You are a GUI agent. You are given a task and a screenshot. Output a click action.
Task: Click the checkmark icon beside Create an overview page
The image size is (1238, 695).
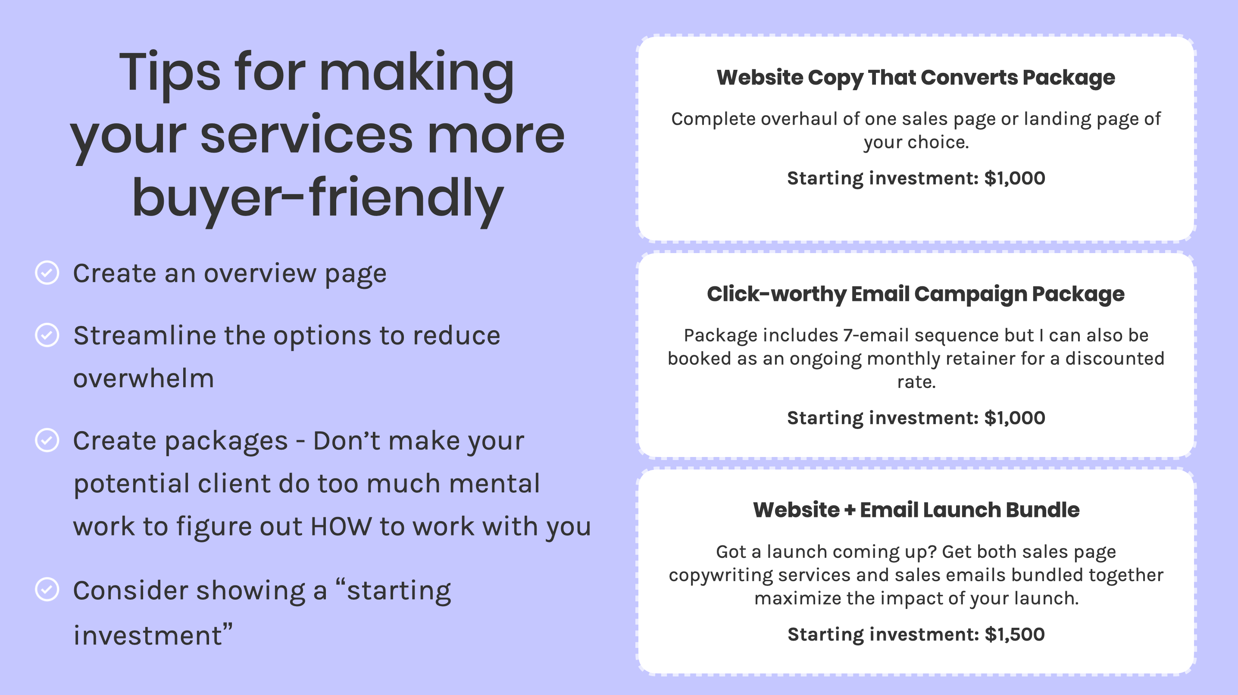click(47, 272)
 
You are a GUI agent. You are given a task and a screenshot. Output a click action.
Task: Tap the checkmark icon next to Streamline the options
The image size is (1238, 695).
click(47, 335)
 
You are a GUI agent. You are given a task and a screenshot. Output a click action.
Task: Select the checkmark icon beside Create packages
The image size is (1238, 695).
click(47, 440)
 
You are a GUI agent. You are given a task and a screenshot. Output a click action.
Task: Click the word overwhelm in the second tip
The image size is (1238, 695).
click(143, 378)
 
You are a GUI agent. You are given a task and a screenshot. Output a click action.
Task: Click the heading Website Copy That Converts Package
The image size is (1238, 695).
click(916, 77)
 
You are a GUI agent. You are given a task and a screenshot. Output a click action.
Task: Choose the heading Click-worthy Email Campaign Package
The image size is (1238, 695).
click(916, 294)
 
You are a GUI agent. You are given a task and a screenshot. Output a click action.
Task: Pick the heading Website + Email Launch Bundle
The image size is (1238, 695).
click(916, 510)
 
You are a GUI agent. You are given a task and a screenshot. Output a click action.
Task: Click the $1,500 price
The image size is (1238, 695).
click(1015, 635)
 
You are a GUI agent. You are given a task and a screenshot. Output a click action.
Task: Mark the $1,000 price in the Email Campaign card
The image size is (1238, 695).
click(1015, 418)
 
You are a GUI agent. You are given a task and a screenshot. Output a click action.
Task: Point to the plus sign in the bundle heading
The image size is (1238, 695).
click(850, 510)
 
